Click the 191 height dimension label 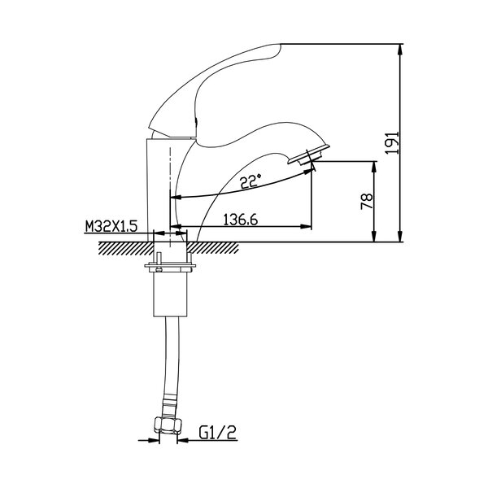point(392,142)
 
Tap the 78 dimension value point(367,202)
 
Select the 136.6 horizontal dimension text point(241,220)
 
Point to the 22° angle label point(251,181)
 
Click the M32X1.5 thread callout point(111,227)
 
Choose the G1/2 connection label point(217,432)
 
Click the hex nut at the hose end point(168,425)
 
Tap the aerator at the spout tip point(309,156)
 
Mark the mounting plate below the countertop point(170,267)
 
